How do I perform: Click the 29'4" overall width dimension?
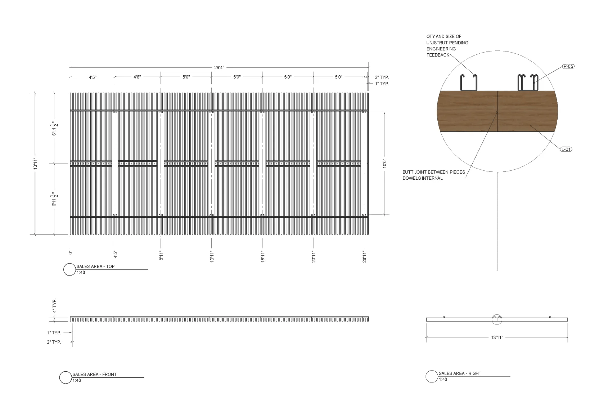coord(219,68)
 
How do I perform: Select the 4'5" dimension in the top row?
coord(93,77)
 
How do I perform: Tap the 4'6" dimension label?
coord(137,77)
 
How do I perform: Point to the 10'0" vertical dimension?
coord(384,164)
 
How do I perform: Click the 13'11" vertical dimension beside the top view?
coord(35,164)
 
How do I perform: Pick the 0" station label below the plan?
coord(71,252)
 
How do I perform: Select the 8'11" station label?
coord(161,256)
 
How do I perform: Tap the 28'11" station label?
coord(364,256)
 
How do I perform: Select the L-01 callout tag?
coord(566,149)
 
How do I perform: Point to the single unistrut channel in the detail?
coord(469,82)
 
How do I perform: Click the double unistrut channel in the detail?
coord(528,82)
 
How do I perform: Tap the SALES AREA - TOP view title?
coord(95,267)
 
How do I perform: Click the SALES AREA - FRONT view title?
coord(94,375)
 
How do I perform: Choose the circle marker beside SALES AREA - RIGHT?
coord(432,376)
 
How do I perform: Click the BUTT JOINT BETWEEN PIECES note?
coord(433,172)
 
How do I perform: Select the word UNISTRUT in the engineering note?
coord(437,43)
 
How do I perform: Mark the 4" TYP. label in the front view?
coord(55,306)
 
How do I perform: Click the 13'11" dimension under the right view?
coord(497,337)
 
